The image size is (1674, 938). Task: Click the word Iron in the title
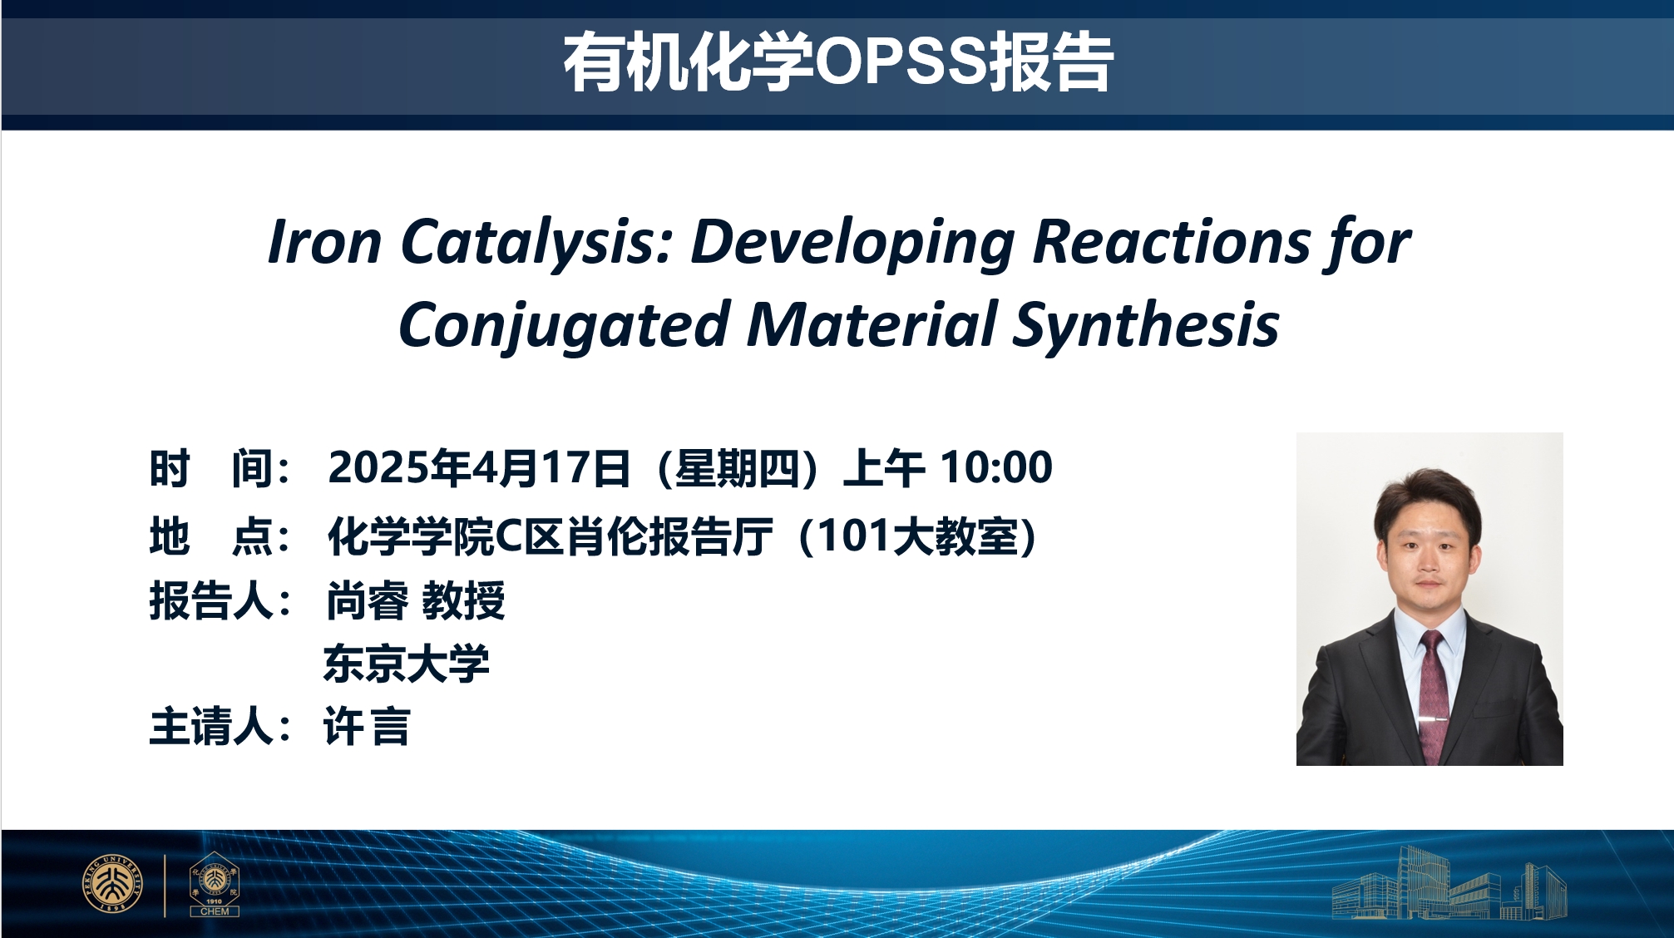[x=325, y=242]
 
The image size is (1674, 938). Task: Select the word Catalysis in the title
[x=537, y=242]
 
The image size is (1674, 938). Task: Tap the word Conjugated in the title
[x=565, y=325]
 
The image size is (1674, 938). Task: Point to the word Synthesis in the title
[x=1146, y=325]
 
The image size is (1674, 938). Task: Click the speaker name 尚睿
[x=367, y=600]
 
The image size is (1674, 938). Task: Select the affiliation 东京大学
[x=407, y=664]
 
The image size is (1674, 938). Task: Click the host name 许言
[x=367, y=727]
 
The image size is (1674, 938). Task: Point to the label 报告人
[x=211, y=600]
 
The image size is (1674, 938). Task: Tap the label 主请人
[x=211, y=727]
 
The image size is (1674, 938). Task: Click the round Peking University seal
[x=112, y=883]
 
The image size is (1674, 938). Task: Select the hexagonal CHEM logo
[x=215, y=884]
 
